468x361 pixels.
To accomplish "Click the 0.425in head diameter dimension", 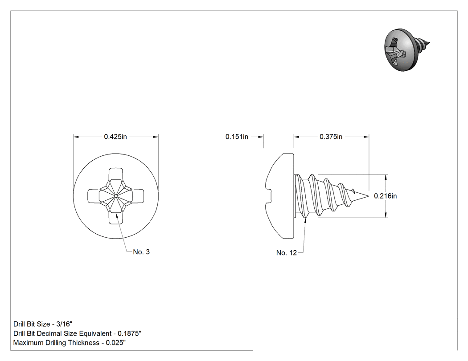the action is [115, 137].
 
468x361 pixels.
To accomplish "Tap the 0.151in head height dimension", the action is [237, 137].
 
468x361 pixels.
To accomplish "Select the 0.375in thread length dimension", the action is [331, 137].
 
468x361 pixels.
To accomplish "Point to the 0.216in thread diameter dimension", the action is [386, 196].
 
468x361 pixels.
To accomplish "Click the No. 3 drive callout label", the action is [141, 252].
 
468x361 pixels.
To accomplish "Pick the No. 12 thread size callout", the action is [287, 253].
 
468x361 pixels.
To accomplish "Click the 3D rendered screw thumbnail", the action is [407, 50].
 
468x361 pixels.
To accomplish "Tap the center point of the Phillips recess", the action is [115, 196].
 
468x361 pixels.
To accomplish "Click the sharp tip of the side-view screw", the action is [369, 196].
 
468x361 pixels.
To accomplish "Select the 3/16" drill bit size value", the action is [64, 324].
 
